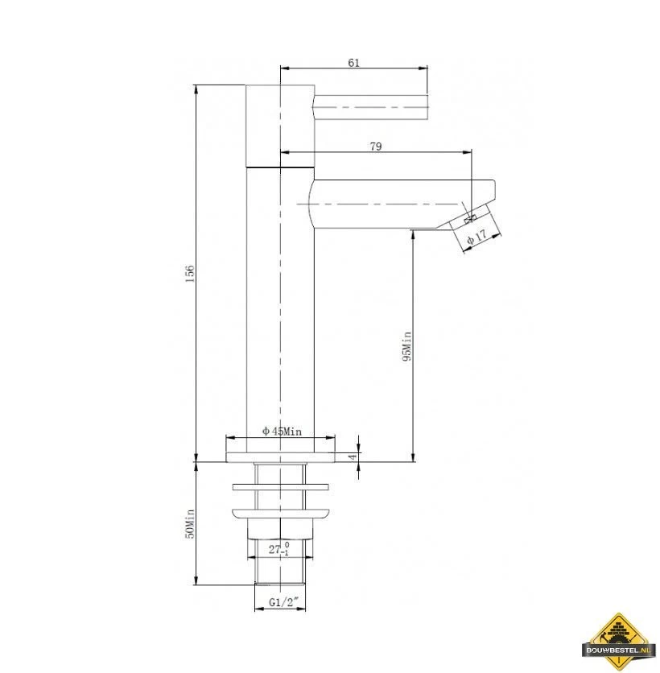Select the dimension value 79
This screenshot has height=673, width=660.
[375, 147]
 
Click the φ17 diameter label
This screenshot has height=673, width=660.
[476, 237]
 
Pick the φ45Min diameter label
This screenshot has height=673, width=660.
[282, 431]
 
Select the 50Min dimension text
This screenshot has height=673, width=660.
[190, 523]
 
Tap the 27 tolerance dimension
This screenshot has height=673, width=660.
[278, 550]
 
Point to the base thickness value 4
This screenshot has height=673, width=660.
[352, 456]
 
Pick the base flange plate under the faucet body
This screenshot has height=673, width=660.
[280, 457]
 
